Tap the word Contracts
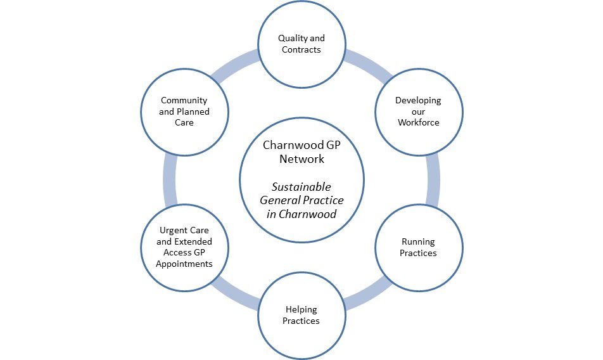click(301, 49)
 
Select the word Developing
click(418, 100)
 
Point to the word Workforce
click(418, 122)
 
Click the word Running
click(418, 241)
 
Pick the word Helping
click(301, 310)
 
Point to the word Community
click(184, 100)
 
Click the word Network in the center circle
click(301, 158)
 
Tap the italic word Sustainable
click(301, 187)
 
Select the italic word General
click(279, 200)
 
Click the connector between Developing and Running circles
click(433, 180)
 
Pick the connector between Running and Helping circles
click(366, 293)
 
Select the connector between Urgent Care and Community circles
click(169, 180)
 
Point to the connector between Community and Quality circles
click(234, 66)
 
